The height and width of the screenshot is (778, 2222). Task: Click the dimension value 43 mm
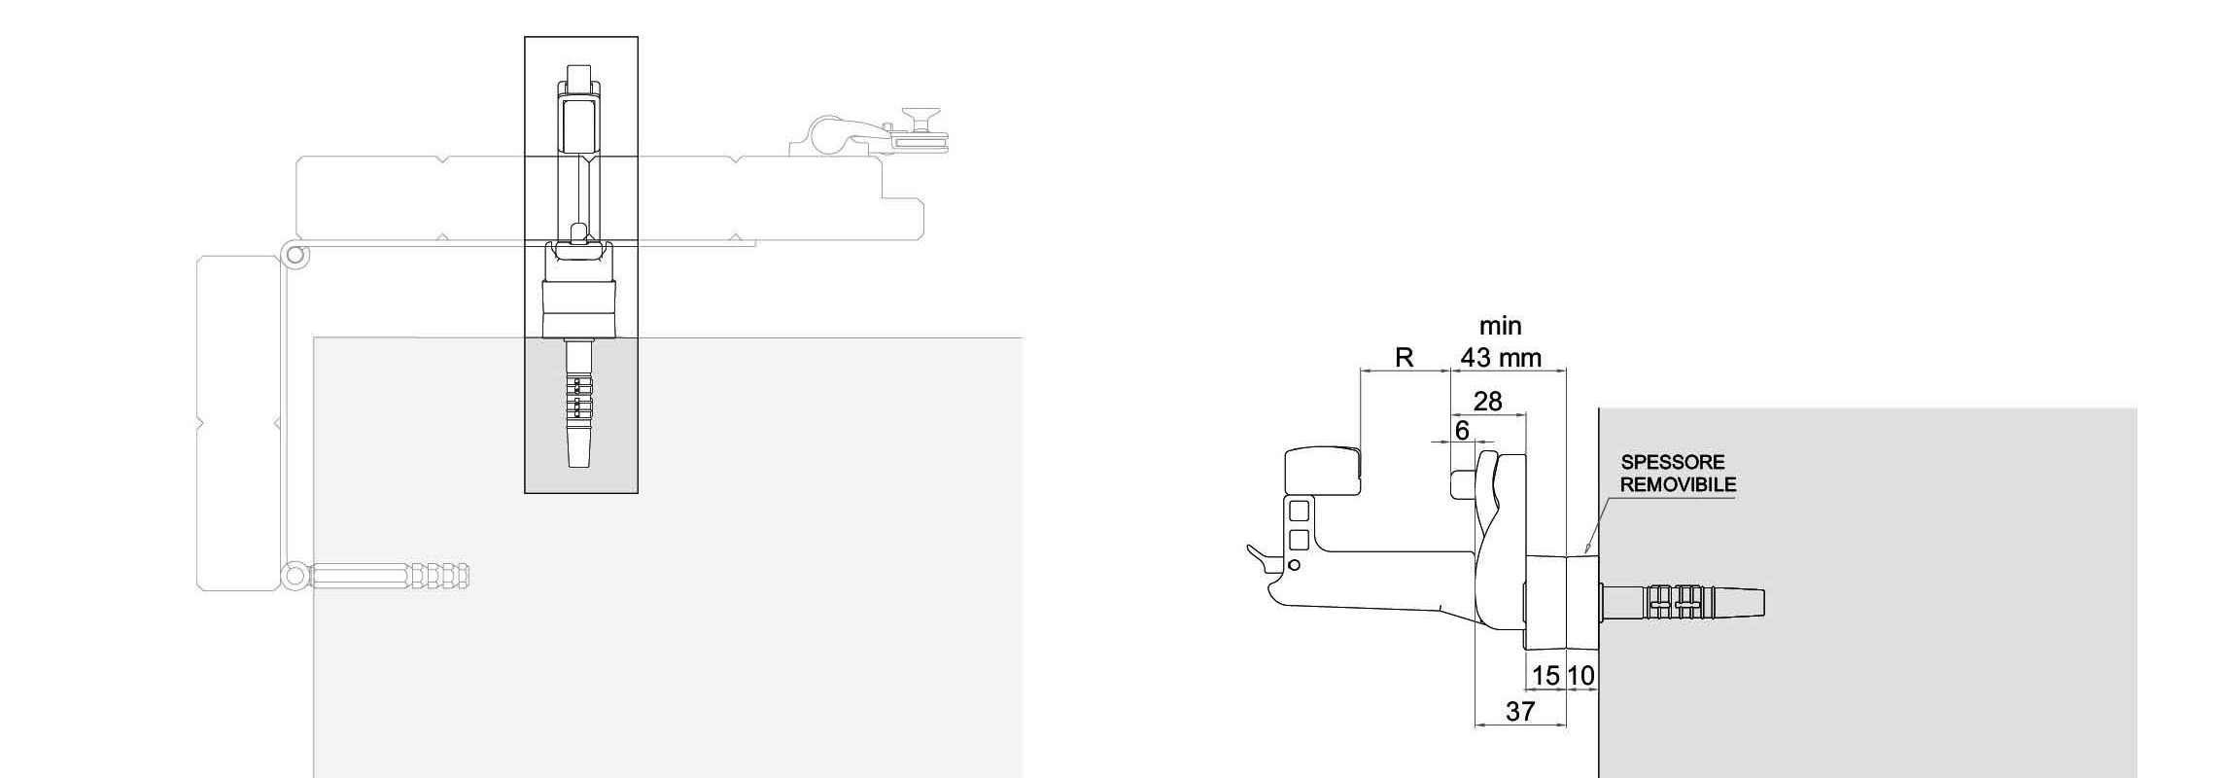(1501, 358)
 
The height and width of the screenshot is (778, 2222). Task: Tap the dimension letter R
(1404, 358)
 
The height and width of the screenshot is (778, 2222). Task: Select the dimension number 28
(1488, 401)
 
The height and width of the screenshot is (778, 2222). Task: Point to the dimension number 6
(1462, 430)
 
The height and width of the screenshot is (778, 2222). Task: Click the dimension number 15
(1545, 675)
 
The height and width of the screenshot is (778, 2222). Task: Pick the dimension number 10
(1581, 675)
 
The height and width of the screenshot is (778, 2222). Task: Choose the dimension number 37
(1520, 712)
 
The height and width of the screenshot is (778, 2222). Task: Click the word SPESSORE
(1673, 463)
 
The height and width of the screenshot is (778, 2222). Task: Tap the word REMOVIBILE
(1678, 484)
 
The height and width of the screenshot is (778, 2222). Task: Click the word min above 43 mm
(1501, 326)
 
